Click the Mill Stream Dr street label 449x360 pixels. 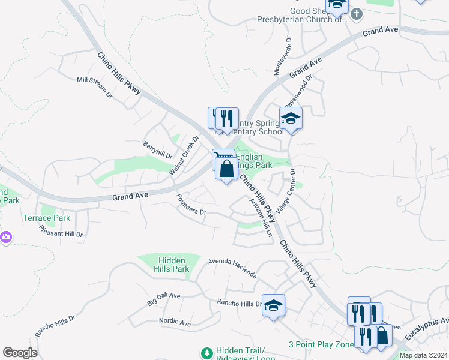[x=95, y=87]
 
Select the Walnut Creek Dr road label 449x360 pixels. [x=184, y=155]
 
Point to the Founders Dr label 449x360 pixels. [x=191, y=205]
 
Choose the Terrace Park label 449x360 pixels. [x=46, y=218]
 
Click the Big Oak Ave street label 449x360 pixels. [x=164, y=299]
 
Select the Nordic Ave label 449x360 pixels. [x=175, y=322]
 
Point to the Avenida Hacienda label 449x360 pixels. [x=232, y=268]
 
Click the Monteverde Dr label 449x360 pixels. [x=282, y=55]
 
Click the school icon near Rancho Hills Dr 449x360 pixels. [x=273, y=305]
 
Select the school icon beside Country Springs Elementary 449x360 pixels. [x=291, y=118]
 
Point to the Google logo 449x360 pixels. [x=20, y=353]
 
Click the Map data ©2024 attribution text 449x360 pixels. [x=423, y=355]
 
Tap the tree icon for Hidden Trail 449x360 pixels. [x=207, y=353]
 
